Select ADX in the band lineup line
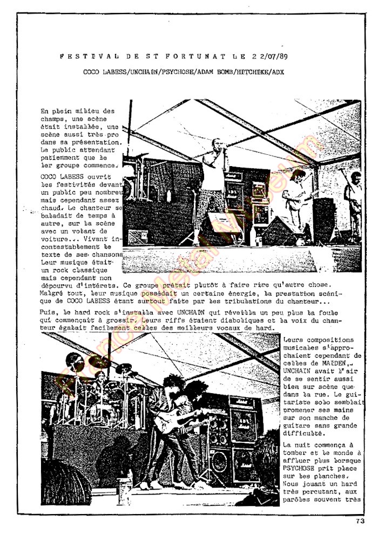278,72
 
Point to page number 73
361,521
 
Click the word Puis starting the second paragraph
48,311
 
